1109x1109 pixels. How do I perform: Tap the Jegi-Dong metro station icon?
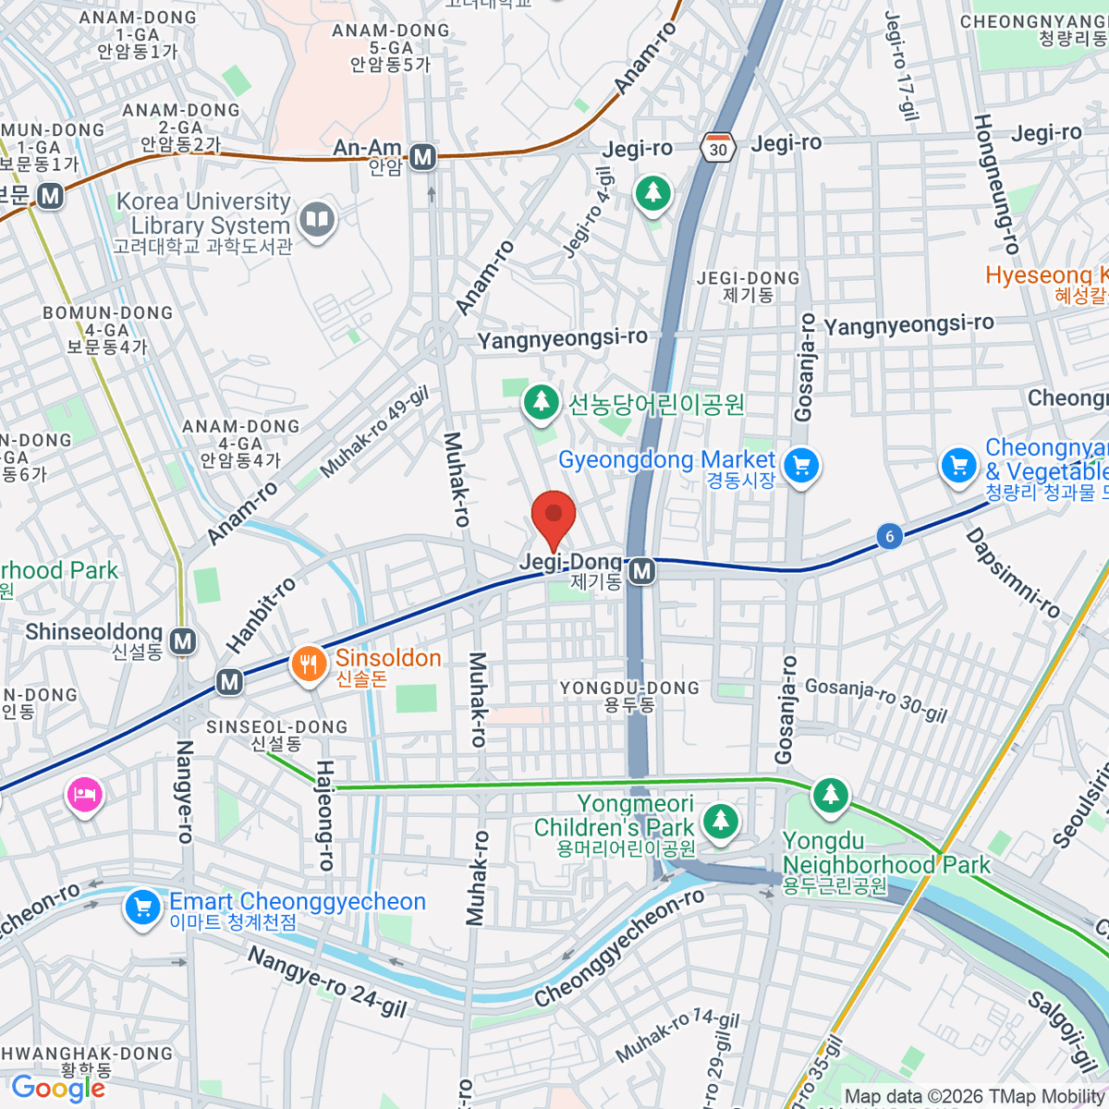tap(642, 572)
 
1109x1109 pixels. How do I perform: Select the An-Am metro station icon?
tap(423, 157)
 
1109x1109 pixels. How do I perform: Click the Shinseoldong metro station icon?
tap(184, 640)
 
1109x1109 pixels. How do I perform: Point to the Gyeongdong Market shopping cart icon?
tap(801, 466)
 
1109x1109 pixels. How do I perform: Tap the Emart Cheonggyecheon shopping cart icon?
tap(142, 907)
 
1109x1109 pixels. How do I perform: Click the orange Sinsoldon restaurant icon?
tap(309, 664)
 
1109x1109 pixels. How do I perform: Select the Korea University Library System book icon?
tap(317, 220)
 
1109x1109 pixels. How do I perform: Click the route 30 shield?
tap(718, 149)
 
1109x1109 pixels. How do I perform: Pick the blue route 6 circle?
tap(889, 536)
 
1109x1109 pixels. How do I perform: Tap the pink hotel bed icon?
tap(84, 795)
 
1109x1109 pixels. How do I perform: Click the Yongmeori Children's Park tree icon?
tap(720, 820)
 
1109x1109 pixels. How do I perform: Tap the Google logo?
tap(58, 1089)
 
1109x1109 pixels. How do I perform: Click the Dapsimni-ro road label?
tap(1013, 573)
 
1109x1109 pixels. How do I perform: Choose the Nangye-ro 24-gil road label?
tap(327, 981)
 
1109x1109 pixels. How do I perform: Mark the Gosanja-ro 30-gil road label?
tap(876, 700)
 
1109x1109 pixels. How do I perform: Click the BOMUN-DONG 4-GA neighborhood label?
tap(107, 330)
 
